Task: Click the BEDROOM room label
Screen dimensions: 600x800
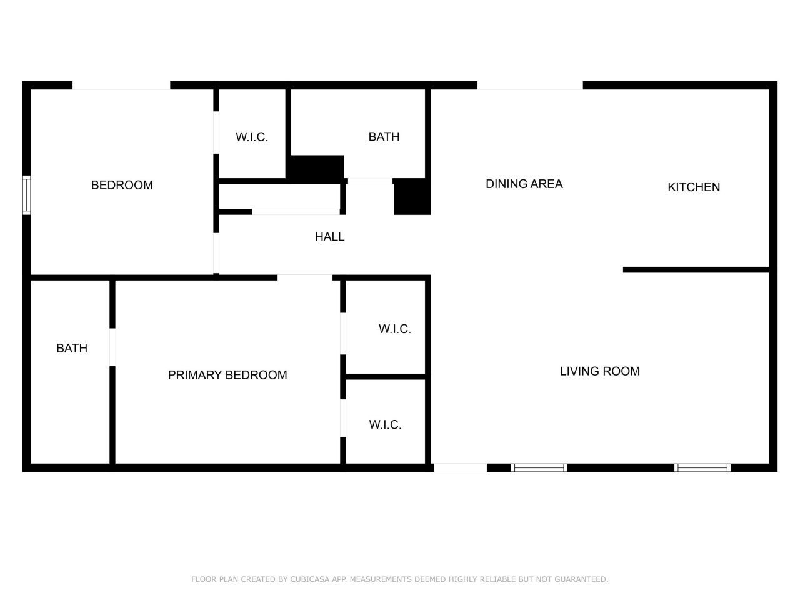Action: click(x=122, y=185)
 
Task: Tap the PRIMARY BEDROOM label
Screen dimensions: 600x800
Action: click(x=227, y=375)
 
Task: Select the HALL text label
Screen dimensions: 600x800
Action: click(x=329, y=237)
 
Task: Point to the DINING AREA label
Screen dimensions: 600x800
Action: click(x=524, y=184)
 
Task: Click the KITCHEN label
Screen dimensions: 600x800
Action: click(x=694, y=187)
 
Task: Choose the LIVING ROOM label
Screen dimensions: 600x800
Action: click(x=599, y=371)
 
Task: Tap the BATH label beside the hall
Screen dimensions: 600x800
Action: click(x=384, y=137)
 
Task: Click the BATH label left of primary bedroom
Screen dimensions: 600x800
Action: click(x=72, y=348)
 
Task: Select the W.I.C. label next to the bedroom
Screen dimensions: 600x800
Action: click(x=252, y=137)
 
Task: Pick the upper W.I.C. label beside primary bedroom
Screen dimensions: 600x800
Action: click(x=395, y=329)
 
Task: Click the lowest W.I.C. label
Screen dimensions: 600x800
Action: click(x=385, y=425)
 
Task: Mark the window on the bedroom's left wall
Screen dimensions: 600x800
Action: click(x=26, y=196)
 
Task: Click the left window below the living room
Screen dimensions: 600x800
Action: click(x=539, y=467)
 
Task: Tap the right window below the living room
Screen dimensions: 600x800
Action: click(x=702, y=467)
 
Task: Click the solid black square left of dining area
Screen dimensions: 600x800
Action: click(x=412, y=197)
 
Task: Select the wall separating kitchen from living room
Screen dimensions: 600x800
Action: click(x=696, y=270)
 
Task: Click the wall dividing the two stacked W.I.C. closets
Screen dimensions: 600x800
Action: click(x=386, y=377)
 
